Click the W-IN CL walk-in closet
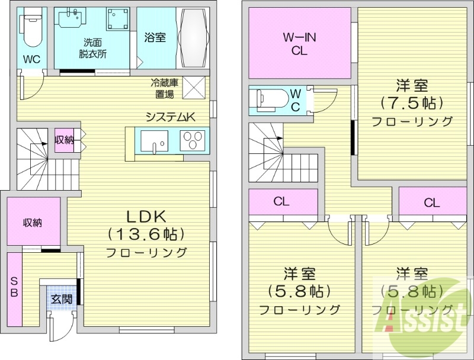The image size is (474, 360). tap(299, 44)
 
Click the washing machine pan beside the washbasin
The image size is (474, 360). tap(118, 21)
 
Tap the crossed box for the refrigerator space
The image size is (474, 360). tap(194, 88)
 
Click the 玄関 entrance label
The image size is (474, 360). tap(61, 299)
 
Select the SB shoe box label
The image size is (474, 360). tap(14, 288)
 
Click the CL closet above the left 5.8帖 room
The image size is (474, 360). tap(281, 202)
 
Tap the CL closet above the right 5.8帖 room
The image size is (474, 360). tap(431, 202)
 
